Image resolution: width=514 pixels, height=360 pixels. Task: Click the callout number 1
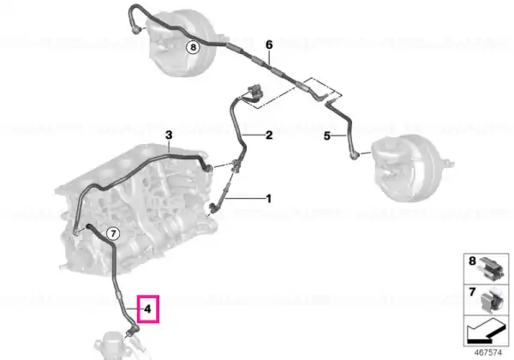click(x=268, y=199)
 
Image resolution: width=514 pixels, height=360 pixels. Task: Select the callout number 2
click(x=269, y=135)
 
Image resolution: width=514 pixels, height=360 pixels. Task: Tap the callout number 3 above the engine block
click(x=169, y=135)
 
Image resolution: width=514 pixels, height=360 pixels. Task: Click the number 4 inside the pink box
click(x=148, y=309)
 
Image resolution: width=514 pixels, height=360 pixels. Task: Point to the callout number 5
click(x=327, y=135)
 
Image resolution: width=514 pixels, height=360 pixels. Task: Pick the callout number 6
click(x=269, y=45)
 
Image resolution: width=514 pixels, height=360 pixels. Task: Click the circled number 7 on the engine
click(x=113, y=234)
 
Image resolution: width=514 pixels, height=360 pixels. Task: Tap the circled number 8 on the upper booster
click(x=193, y=47)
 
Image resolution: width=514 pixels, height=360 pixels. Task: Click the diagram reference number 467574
click(x=488, y=353)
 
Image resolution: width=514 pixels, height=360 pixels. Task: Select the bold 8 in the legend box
click(x=472, y=261)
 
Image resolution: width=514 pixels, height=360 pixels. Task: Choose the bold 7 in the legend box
click(x=472, y=291)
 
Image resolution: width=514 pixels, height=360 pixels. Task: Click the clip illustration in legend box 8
click(x=491, y=268)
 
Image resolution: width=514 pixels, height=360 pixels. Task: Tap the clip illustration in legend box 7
click(x=492, y=299)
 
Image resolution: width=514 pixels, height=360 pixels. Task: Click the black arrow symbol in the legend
click(x=485, y=333)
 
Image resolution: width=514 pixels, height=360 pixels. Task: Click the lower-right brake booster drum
click(x=410, y=168)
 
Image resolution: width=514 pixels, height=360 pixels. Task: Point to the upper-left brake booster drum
click(x=182, y=43)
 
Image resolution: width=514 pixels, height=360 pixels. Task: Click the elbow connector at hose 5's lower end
click(x=354, y=155)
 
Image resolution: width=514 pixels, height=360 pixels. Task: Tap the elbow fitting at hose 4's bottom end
click(x=133, y=329)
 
